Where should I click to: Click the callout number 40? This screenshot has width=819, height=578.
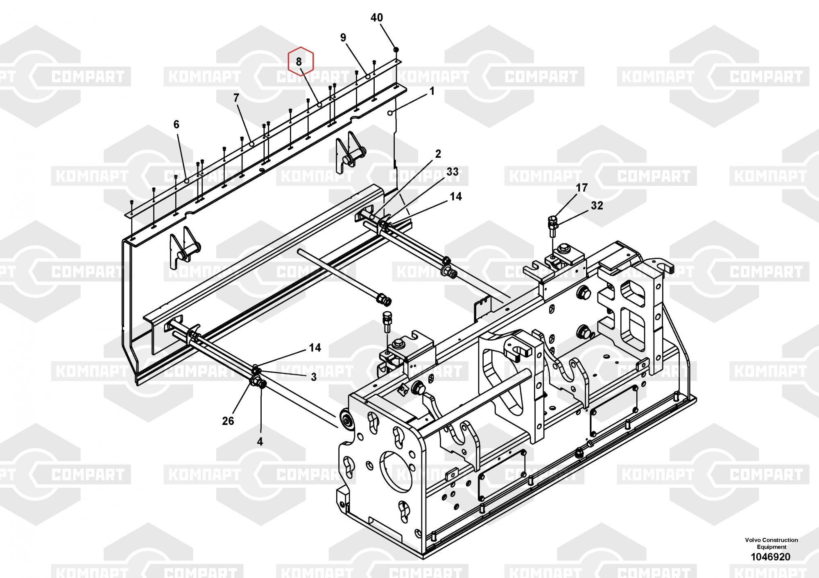coord(376,18)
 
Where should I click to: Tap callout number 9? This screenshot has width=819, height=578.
coord(343,38)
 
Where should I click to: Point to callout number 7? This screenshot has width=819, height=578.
coord(236,98)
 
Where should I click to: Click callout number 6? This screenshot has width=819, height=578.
coord(176,124)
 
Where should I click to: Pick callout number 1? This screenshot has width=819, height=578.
coord(432,91)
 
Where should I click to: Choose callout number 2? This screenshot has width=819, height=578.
coord(438,154)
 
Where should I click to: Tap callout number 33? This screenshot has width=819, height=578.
coord(452,172)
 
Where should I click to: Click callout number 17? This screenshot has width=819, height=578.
coord(581,188)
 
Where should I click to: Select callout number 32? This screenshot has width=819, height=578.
coord(597,205)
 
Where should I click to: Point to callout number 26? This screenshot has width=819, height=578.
coord(228,420)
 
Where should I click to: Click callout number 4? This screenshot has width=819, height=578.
coord(260,441)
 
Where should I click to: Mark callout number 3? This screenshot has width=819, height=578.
coord(313,377)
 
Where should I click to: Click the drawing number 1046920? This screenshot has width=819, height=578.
coord(770,557)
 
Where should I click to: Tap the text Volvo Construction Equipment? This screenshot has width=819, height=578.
coord(771,543)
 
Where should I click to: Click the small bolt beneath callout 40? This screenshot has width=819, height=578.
coord(396,50)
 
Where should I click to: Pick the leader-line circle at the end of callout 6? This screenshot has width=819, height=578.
coord(187,180)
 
